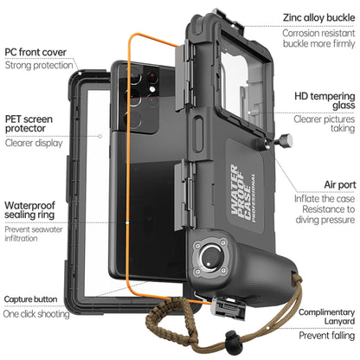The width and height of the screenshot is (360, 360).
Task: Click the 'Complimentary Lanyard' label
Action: pos(325,319)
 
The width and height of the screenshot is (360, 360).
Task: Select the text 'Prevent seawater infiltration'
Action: pos(35,239)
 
